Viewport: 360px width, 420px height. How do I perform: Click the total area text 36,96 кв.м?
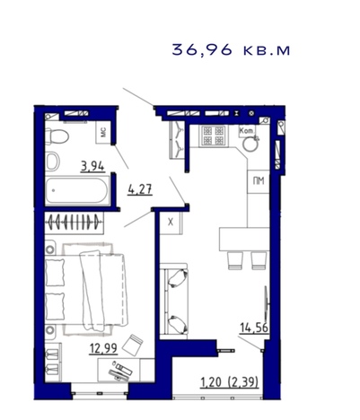(x=231, y=49)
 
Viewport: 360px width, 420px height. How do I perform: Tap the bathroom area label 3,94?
(x=92, y=166)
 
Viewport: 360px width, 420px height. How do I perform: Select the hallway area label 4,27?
(x=140, y=189)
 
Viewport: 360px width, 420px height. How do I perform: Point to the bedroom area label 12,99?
(x=103, y=348)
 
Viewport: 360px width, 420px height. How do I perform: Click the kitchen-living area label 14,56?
(x=254, y=328)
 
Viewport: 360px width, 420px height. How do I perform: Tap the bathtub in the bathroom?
(x=77, y=190)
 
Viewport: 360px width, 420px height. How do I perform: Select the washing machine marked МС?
(x=103, y=132)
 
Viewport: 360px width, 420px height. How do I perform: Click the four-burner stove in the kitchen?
(x=213, y=136)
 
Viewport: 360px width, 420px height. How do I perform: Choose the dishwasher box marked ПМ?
(x=259, y=181)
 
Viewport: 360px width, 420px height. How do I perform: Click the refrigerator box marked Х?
(x=171, y=223)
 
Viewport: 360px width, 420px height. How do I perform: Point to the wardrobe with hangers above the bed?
(x=74, y=223)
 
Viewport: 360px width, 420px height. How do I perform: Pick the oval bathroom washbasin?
(x=53, y=161)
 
